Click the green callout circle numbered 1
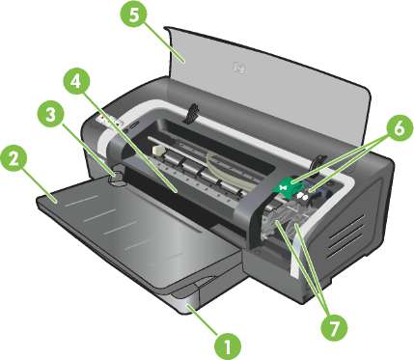pos(228,346)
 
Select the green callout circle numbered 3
pos(51,116)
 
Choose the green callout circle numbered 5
pos(133,15)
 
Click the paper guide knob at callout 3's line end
pos(116,176)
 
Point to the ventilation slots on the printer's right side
pos(346,235)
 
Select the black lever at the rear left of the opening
pos(192,113)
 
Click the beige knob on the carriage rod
pos(158,151)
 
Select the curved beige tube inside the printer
pos(215,164)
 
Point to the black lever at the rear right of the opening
pos(318,161)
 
